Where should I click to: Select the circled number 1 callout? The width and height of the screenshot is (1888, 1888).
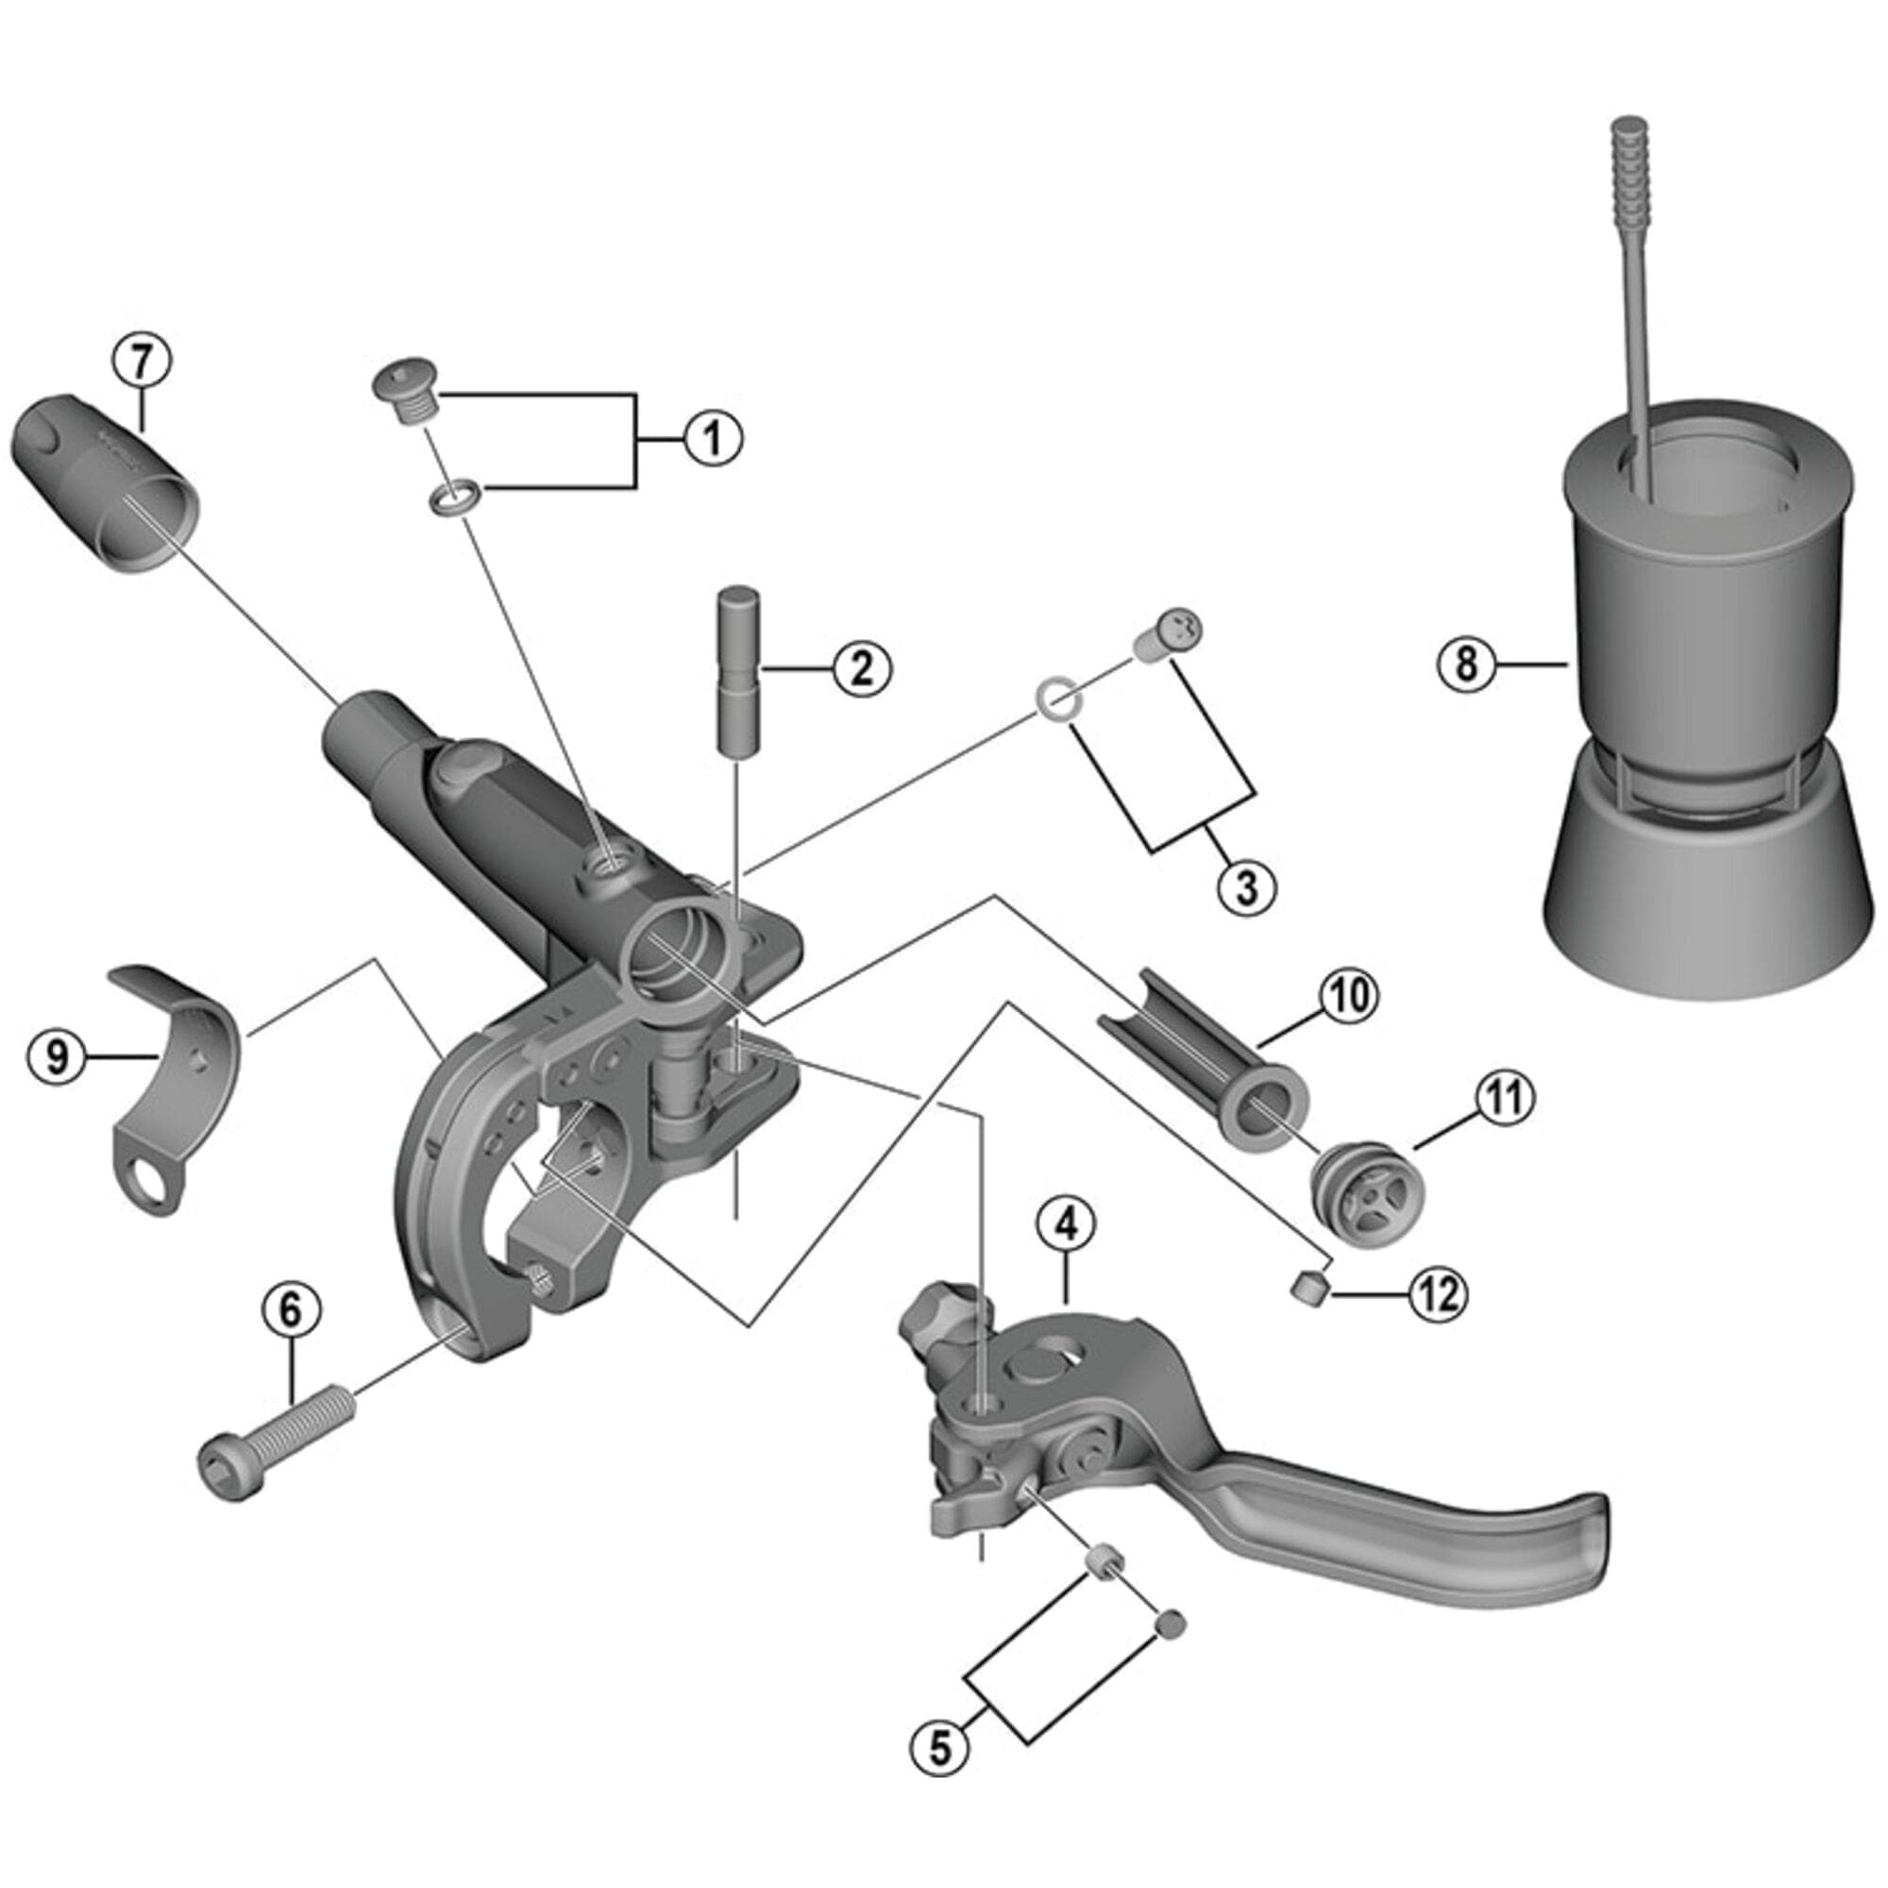(x=713, y=439)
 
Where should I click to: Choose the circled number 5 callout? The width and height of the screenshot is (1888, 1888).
(x=939, y=1749)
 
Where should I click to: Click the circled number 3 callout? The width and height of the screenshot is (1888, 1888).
(x=1247, y=887)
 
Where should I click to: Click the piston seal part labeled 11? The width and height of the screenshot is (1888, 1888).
(x=1367, y=1189)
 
